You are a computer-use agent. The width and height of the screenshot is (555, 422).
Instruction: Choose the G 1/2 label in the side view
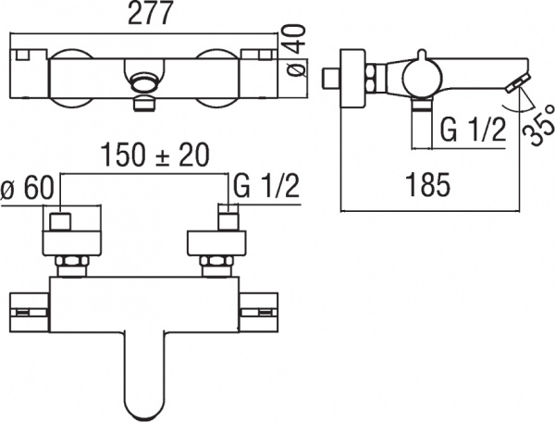click(x=471, y=130)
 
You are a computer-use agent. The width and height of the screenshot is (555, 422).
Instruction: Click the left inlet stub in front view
click(x=63, y=222)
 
